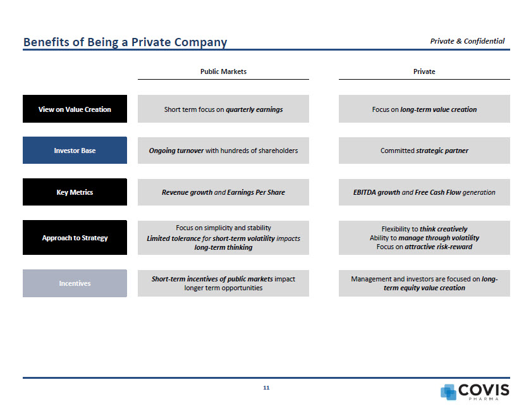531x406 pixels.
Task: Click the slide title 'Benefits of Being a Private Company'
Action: [x=125, y=42]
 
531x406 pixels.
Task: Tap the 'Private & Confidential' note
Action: [x=467, y=41]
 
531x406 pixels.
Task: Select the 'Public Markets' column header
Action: [x=223, y=71]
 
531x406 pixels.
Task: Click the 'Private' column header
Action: [x=424, y=71]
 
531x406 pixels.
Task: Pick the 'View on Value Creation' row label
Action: [x=75, y=109]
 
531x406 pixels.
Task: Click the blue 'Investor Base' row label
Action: [x=75, y=151]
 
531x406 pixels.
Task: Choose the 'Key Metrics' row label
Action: [x=75, y=192]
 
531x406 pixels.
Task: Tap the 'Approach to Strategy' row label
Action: [x=75, y=238]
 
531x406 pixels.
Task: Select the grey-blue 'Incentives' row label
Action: [x=75, y=283]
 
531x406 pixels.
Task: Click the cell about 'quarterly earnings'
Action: [x=223, y=109]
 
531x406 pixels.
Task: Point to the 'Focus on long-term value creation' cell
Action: [x=424, y=109]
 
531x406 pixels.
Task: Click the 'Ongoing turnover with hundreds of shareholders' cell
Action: [x=223, y=151]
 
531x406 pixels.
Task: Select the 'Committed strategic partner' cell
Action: [x=424, y=151]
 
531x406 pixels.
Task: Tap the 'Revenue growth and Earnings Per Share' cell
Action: [x=223, y=192]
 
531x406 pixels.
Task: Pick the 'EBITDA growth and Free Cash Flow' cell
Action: [x=424, y=192]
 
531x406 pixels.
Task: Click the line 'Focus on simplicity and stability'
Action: [x=223, y=228]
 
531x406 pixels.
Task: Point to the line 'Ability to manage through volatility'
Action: [x=424, y=238]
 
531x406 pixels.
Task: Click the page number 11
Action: [x=266, y=387]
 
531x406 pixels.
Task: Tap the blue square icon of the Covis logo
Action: [x=448, y=391]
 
